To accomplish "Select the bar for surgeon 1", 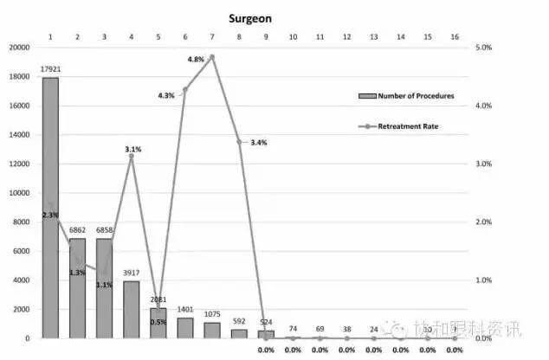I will (51, 208).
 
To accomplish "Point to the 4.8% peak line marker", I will (212, 57).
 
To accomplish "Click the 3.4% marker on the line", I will (239, 141).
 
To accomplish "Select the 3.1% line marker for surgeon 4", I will (132, 157).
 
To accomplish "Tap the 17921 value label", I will (51, 68).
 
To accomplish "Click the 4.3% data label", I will (166, 95).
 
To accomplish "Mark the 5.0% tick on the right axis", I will (485, 48).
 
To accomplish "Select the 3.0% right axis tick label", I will (485, 164).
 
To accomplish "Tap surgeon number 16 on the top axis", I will (454, 36).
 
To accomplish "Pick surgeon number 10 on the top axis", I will (293, 36).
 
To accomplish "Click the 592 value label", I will (239, 321).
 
